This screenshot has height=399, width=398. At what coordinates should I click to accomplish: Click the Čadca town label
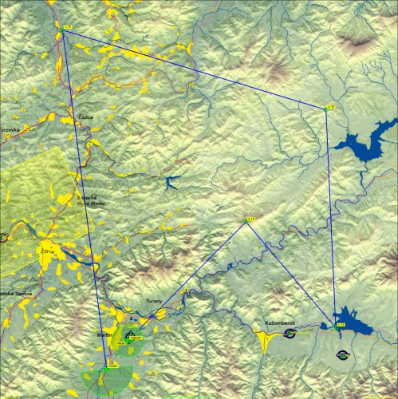[85, 117]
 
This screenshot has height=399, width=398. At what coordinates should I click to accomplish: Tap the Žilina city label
[46, 251]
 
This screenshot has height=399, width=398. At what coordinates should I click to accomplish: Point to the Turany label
[154, 301]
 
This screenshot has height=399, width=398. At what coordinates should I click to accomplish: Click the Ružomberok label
[279, 323]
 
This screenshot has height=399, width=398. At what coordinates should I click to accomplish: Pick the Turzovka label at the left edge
[9, 128]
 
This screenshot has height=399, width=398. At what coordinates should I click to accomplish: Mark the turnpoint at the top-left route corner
[67, 27]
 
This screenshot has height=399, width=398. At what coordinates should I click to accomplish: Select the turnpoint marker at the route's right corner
[329, 107]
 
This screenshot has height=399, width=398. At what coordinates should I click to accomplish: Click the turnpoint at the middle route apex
[249, 219]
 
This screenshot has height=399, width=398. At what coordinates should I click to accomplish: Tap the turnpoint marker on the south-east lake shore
[341, 325]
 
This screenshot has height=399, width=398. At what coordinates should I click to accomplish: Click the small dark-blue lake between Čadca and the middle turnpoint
[171, 184]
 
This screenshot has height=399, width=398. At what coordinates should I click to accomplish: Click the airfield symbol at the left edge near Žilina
[3, 237]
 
